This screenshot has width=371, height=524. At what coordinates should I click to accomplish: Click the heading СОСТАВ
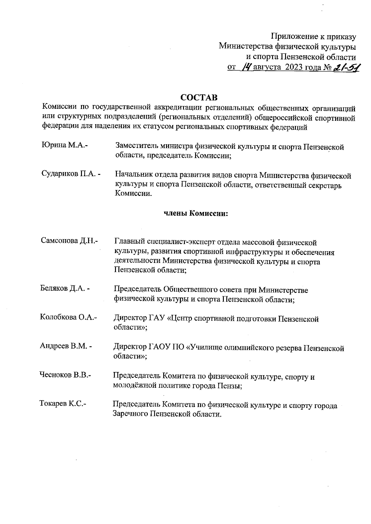(x=199, y=98)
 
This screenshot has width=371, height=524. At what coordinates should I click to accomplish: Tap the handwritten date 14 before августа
(x=247, y=66)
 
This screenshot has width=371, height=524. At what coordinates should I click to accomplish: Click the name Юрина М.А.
(x=64, y=145)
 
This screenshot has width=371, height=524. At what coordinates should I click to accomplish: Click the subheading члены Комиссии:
(x=196, y=214)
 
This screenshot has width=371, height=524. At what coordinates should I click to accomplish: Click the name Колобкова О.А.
(x=68, y=317)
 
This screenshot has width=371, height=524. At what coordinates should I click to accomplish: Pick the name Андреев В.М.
(x=66, y=346)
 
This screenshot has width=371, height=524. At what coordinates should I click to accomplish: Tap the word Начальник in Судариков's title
(x=131, y=175)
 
